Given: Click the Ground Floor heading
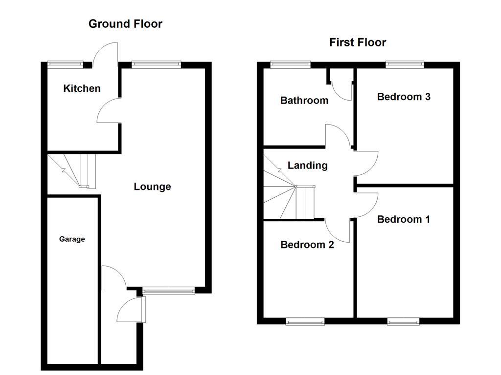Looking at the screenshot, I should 125,23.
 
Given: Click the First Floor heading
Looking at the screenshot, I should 357,42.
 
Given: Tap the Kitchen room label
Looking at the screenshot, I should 82,88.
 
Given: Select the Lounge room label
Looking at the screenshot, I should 152,187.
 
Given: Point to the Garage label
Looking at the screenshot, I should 72,239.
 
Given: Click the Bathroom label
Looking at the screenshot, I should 304,101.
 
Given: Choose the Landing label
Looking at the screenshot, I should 307,166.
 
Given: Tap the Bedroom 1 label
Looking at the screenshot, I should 403,219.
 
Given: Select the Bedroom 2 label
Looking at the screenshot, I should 307,245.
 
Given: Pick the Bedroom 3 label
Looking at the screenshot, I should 404,97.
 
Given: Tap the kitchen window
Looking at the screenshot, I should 65,63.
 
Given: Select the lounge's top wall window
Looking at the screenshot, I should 156,63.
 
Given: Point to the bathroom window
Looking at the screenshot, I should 291,63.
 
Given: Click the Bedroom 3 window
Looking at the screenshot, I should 404,63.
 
